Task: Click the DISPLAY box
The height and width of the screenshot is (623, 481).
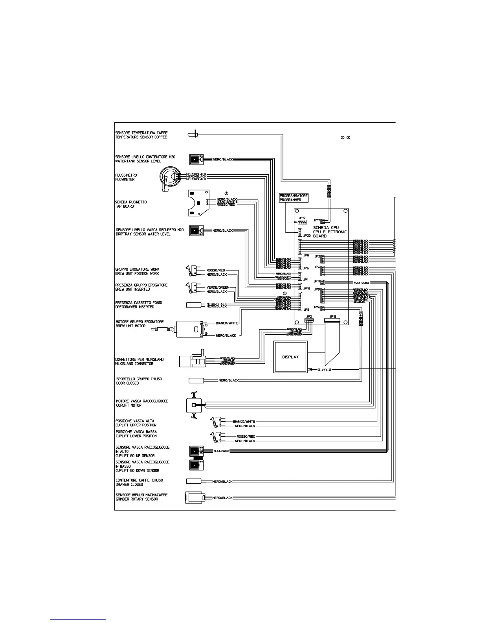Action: [290, 357]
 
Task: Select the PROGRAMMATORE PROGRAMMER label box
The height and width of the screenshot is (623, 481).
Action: [294, 197]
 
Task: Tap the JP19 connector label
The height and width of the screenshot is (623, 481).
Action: [302, 217]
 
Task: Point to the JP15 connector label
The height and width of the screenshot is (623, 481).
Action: [332, 316]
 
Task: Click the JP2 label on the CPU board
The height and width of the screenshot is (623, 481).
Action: [309, 316]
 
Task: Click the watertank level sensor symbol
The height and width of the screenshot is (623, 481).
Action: [195, 159]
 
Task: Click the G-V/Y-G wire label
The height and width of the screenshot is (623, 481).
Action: [325, 370]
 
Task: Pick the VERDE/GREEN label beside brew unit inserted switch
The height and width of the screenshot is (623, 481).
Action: [218, 287]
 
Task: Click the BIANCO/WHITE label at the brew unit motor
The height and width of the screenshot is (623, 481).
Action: [227, 323]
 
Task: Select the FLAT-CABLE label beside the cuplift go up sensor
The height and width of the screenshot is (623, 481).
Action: [221, 451]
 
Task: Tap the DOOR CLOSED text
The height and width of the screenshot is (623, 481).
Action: [127, 383]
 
